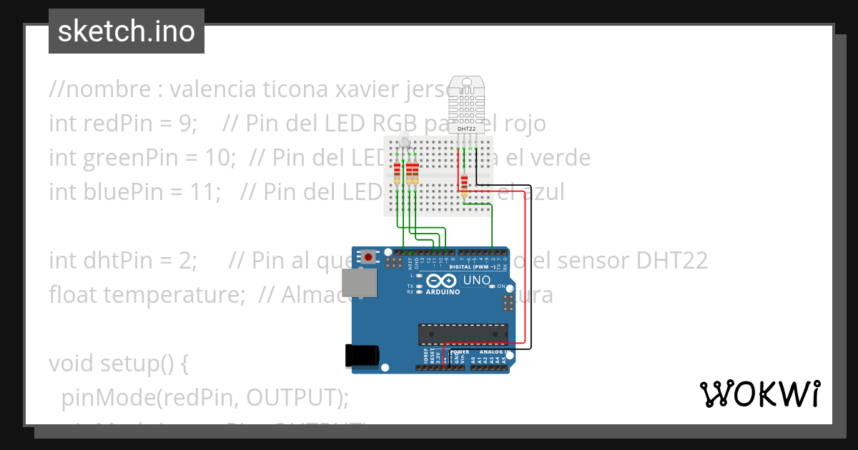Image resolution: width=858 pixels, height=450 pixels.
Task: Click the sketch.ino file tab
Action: [127, 31]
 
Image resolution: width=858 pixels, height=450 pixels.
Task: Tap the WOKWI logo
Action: [759, 394]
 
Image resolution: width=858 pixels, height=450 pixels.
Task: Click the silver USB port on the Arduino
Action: [357, 283]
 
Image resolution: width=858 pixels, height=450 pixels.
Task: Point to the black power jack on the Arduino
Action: [360, 356]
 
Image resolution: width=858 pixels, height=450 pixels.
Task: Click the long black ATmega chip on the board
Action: [463, 334]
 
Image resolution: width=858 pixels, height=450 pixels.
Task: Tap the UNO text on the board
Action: [477, 280]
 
